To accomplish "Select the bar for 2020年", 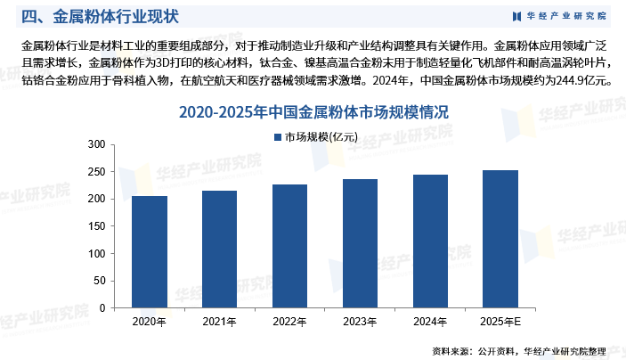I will point(150,252).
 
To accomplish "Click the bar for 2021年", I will point(220,250).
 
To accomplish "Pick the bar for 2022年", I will point(290,246).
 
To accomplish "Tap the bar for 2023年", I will point(360,243).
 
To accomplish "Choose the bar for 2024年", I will point(431,241).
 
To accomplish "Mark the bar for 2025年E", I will point(500,239).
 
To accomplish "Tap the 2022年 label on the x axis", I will point(290,322).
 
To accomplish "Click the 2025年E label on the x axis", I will point(501,322).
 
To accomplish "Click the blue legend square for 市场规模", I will point(276,137).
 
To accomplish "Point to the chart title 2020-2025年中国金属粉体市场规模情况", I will point(313,112).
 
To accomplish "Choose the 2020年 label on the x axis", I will point(150,322).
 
